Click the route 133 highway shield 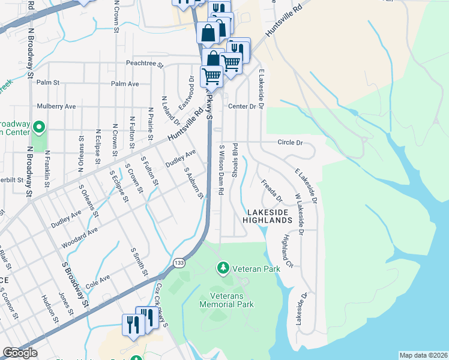179,263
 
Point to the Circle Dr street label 290,143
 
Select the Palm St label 48,82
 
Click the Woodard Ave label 79,238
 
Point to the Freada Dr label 271,190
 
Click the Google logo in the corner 20,353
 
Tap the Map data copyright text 423,355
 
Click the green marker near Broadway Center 39,127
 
